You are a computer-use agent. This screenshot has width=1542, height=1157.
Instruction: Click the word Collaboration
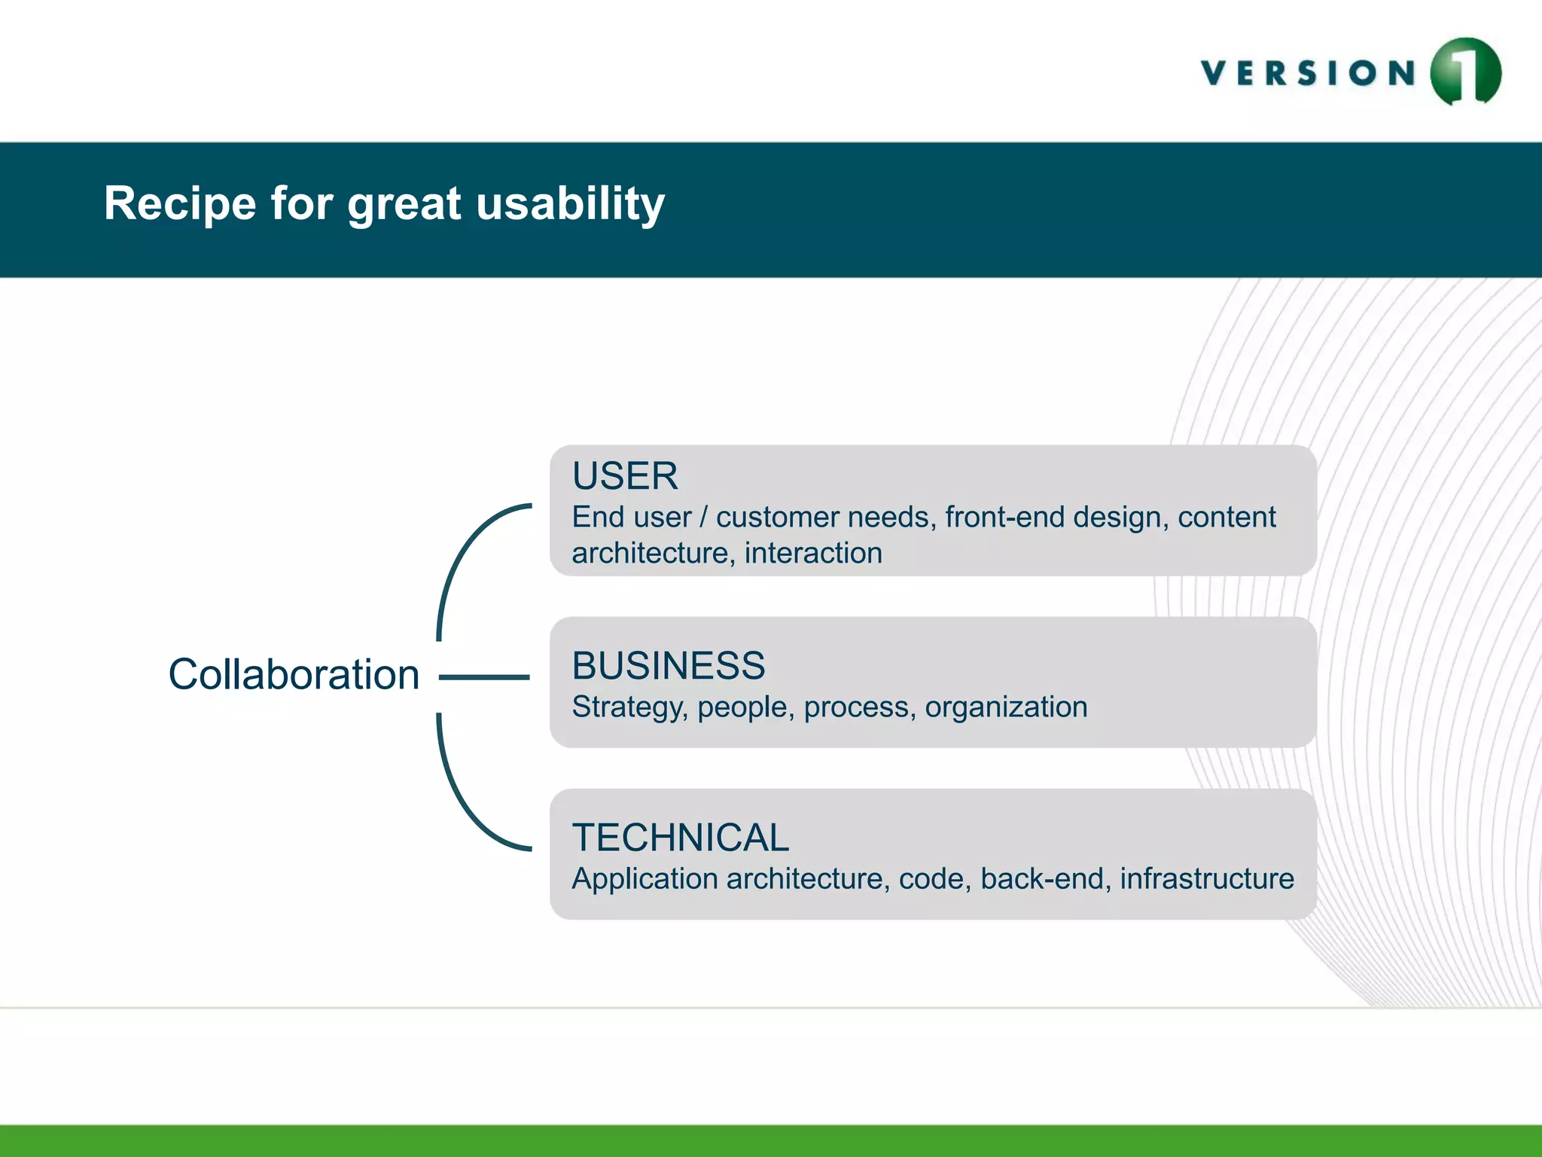point(294,674)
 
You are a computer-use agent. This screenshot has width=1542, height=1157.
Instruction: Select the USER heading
point(625,476)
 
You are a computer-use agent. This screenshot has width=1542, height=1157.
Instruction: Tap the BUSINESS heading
point(668,666)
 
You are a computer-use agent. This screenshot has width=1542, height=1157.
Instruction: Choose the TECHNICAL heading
point(680,838)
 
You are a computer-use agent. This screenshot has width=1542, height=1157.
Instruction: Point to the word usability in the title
point(570,203)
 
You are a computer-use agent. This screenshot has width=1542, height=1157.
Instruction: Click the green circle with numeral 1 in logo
point(1464,72)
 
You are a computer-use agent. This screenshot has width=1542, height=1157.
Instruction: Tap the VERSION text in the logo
point(1309,74)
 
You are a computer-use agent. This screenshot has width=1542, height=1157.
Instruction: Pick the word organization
point(1006,707)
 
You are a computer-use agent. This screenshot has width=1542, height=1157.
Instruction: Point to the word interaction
point(813,554)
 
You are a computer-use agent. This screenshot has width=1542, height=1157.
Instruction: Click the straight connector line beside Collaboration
point(484,677)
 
